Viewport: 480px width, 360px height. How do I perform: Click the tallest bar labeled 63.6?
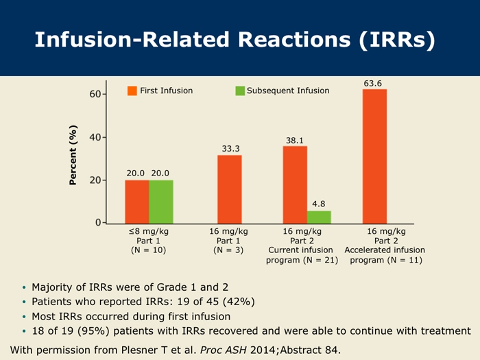point(374,156)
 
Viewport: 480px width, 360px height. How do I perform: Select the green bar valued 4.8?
point(319,217)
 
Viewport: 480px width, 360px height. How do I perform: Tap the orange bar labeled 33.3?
point(230,189)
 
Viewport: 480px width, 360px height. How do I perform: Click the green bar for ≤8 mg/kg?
point(161,201)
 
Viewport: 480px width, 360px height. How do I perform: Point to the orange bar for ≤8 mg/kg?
point(137,201)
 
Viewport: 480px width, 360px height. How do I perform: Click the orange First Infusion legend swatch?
point(133,91)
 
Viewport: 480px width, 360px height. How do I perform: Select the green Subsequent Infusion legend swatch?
point(240,91)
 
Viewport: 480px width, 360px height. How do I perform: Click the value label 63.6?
point(373,83)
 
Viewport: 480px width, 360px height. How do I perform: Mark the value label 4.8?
point(319,204)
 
